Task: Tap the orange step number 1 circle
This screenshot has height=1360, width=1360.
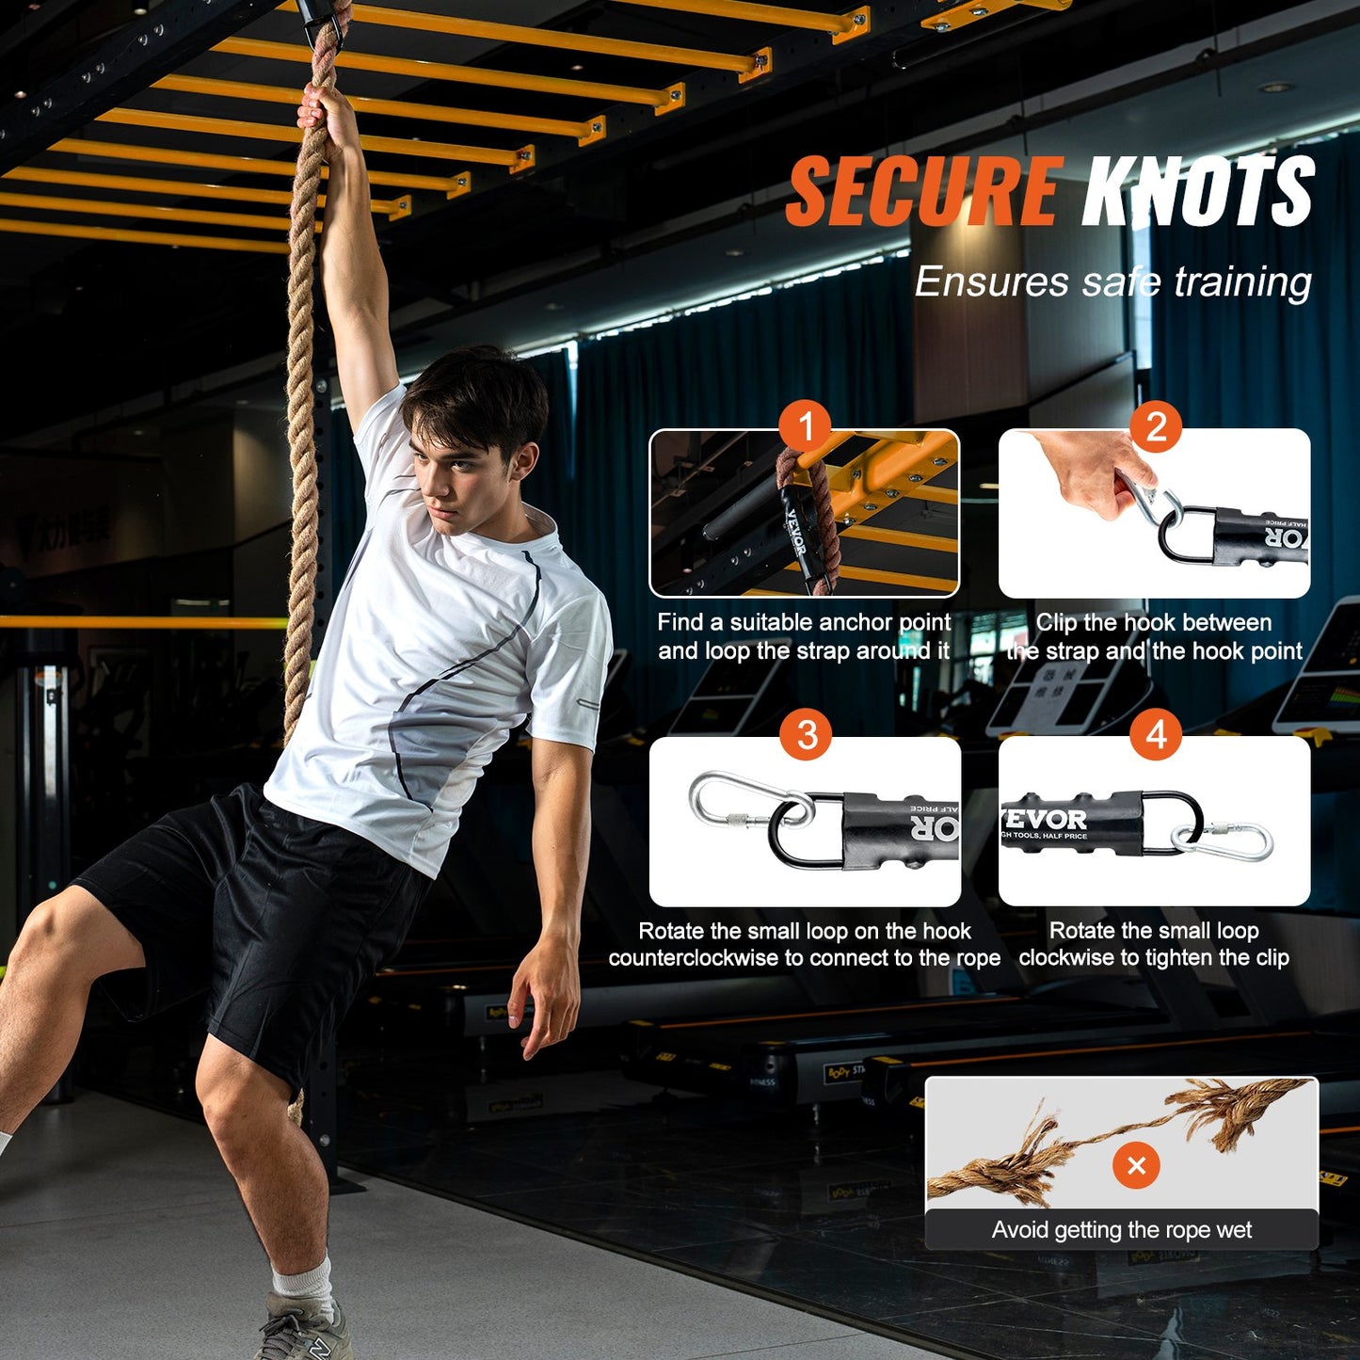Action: click(x=805, y=427)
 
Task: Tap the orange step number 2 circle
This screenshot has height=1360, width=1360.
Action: click(x=1156, y=427)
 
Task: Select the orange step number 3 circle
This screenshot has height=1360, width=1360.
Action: click(x=807, y=735)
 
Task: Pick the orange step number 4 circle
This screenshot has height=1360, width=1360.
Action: click(x=1156, y=735)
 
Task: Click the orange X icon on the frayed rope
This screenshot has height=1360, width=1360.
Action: click(x=1136, y=1165)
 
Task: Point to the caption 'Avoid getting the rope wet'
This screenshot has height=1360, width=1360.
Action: click(x=1121, y=1230)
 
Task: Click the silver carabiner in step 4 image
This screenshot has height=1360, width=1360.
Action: click(x=1224, y=840)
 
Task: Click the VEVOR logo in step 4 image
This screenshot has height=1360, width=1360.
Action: click(x=1046, y=820)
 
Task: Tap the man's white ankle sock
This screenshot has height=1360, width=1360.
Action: click(x=303, y=1280)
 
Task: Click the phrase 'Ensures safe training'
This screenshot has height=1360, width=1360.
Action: click(x=1112, y=281)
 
